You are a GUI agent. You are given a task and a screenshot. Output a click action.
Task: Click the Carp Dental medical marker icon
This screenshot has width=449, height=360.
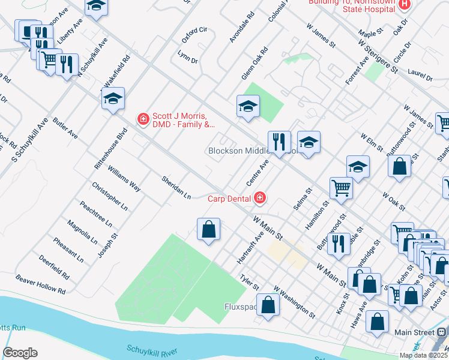coord(259,197)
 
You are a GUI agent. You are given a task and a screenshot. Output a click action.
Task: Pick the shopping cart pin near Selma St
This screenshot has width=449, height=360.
coord(341,188)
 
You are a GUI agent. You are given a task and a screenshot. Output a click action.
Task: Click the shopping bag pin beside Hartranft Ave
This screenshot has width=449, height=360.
coord(208,229)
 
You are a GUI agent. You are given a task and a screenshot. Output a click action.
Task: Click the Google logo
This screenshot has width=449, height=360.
coord(20,353)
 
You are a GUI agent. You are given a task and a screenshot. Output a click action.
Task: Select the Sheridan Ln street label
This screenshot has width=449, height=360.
coord(176,188)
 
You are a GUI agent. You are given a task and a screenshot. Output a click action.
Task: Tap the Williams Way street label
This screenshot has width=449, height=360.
coord(124,179)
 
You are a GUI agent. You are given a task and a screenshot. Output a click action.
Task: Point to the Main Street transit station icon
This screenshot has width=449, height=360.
coord(442,332)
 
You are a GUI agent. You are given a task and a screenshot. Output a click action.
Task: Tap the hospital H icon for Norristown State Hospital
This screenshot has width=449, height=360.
coord(405,4)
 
